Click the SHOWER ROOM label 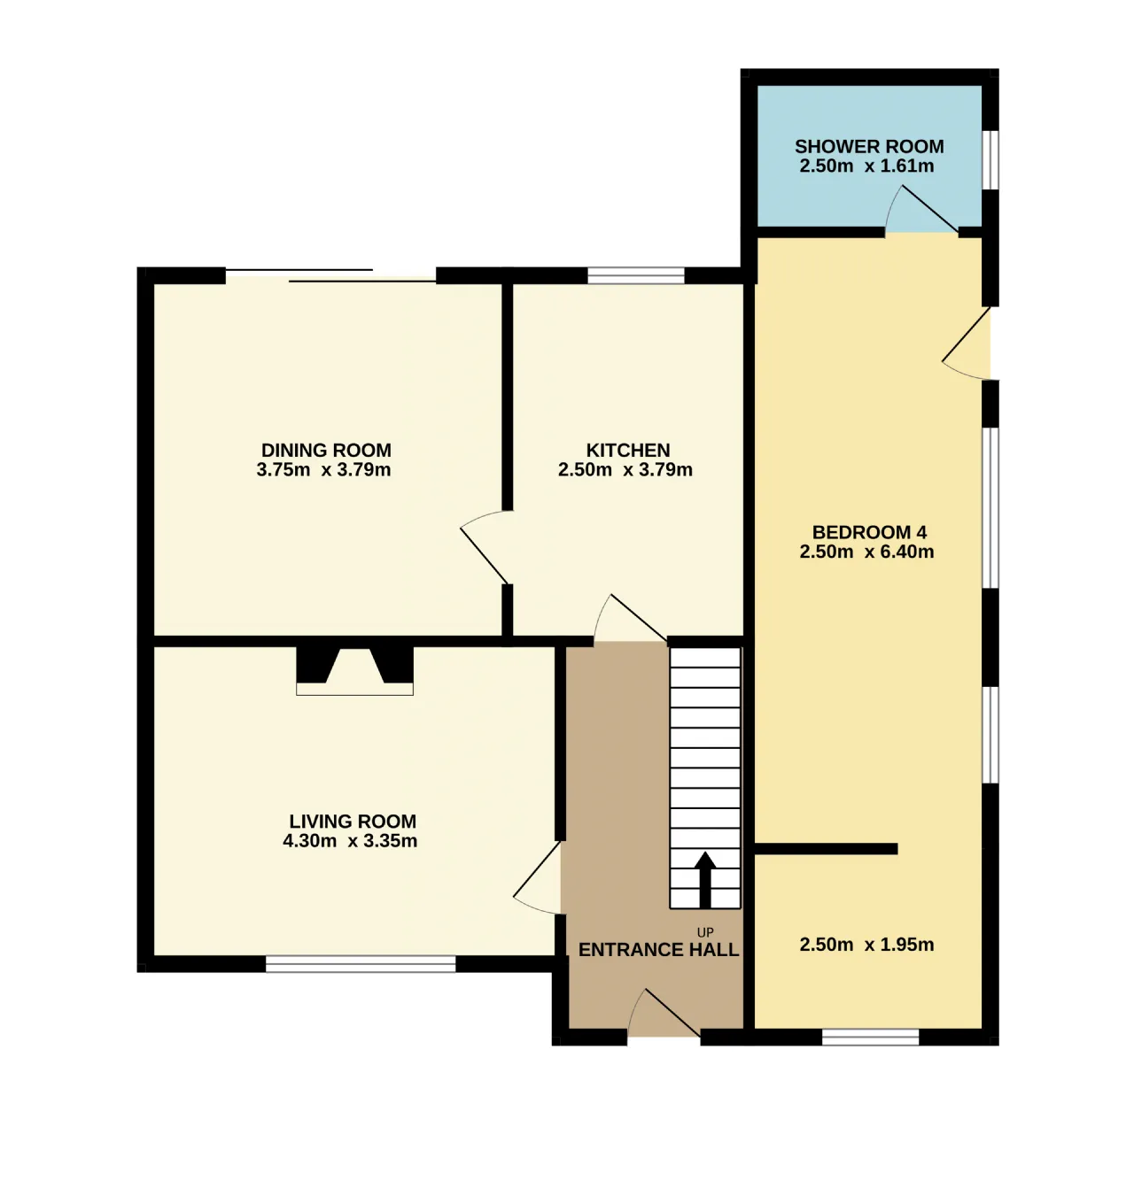868,146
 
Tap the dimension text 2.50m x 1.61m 866,166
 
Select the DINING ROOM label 326,450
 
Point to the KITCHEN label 627,450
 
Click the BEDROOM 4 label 869,532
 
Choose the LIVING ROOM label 353,821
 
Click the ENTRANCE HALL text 658,949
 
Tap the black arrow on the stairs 704,879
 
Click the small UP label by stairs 705,932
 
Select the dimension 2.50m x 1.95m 866,945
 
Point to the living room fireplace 354,670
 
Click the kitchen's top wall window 636,275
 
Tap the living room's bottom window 361,964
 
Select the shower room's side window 990,160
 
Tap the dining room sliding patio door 331,275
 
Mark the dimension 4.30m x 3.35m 350,840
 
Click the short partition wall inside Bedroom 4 826,849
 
